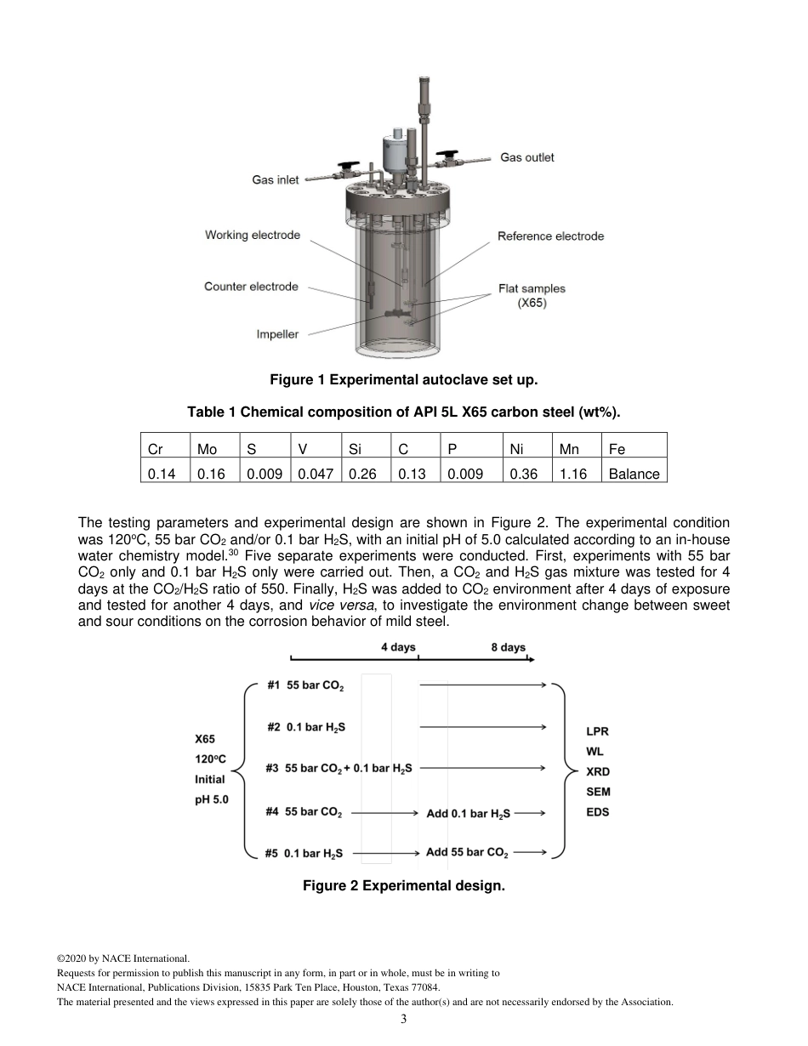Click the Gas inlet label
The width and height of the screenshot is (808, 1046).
[x=276, y=179]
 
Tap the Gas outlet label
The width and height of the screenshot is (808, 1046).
[x=526, y=157]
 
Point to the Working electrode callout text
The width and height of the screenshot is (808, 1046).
[x=253, y=235]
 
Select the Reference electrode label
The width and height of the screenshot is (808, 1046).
[x=550, y=236]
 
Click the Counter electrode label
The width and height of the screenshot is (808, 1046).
[x=251, y=287]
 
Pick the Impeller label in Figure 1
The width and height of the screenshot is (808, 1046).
[x=277, y=334]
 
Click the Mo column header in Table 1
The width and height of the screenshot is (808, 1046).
[x=207, y=449]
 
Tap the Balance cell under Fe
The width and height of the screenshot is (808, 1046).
[x=634, y=475]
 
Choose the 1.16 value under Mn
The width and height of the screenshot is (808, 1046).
[x=572, y=475]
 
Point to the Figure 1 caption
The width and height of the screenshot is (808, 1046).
[x=404, y=379]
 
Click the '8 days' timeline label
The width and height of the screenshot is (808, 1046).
[x=508, y=647]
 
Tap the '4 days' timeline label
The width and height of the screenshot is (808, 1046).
[x=397, y=647]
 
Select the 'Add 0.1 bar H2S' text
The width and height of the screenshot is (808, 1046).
[x=468, y=814]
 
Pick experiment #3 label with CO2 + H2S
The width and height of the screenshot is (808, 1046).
[x=339, y=768]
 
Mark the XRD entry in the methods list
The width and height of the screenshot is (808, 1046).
[x=598, y=772]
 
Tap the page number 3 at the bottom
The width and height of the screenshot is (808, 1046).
[x=404, y=1019]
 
